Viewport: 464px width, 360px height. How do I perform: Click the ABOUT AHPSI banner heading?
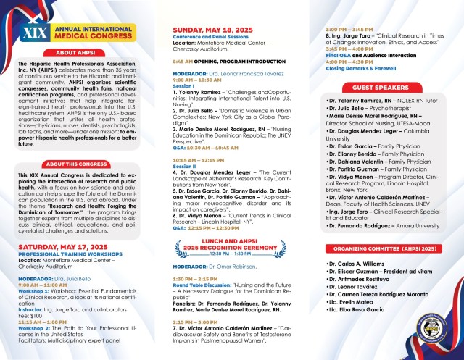[x=80, y=52]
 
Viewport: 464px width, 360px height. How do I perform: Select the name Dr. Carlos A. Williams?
[x=356, y=264]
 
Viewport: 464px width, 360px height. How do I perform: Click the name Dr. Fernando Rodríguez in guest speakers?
[x=360, y=227]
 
